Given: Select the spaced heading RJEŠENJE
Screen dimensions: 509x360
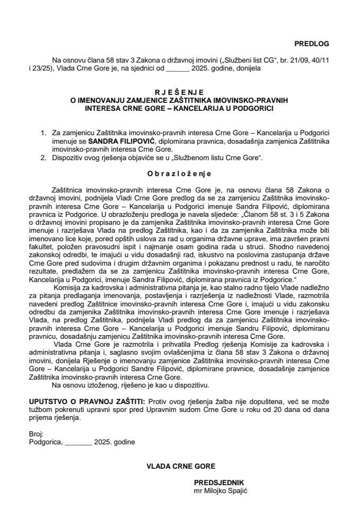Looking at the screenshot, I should click(180, 91).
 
